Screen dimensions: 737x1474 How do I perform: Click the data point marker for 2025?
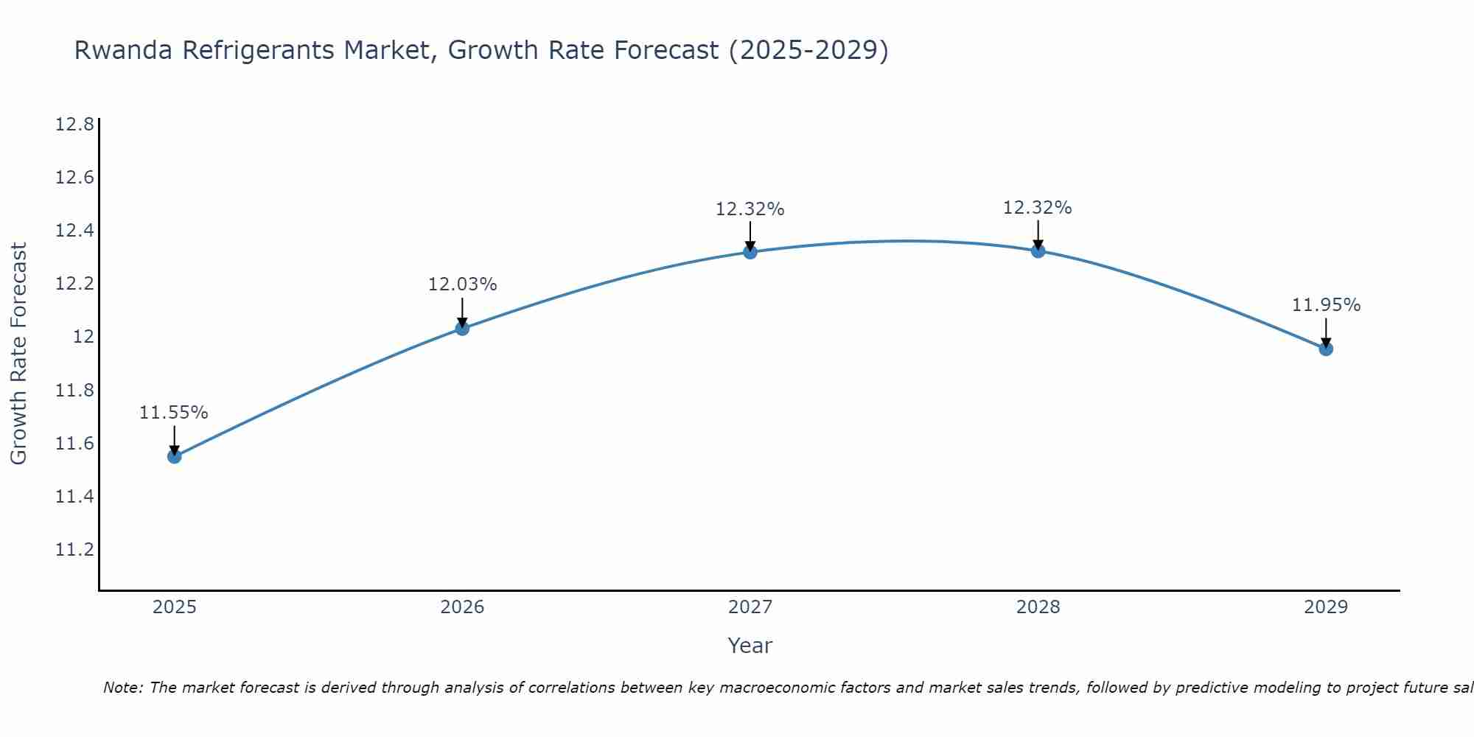[174, 456]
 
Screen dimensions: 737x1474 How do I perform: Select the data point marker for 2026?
[462, 328]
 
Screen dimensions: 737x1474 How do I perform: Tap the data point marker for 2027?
[750, 252]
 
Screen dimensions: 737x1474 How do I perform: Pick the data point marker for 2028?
[1038, 251]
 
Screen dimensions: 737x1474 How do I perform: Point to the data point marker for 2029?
[1326, 349]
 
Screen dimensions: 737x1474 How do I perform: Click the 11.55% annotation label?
[174, 413]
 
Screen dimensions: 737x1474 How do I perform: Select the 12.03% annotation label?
[462, 284]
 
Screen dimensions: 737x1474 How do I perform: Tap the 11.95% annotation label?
[1326, 305]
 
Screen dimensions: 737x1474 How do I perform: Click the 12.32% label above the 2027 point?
[750, 209]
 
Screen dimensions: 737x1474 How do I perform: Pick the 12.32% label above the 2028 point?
[1038, 208]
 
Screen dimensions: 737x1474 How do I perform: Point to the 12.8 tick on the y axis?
[74, 124]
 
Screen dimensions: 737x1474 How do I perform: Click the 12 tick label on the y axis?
[83, 337]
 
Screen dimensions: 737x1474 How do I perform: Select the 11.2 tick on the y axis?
[74, 550]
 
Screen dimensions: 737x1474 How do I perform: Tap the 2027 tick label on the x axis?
[750, 607]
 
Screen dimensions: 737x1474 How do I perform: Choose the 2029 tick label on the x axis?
[1326, 607]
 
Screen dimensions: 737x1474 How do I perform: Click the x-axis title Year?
[750, 646]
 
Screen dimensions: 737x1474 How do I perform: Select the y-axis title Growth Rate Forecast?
[18, 354]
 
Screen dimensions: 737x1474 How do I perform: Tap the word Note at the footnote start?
[120, 688]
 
